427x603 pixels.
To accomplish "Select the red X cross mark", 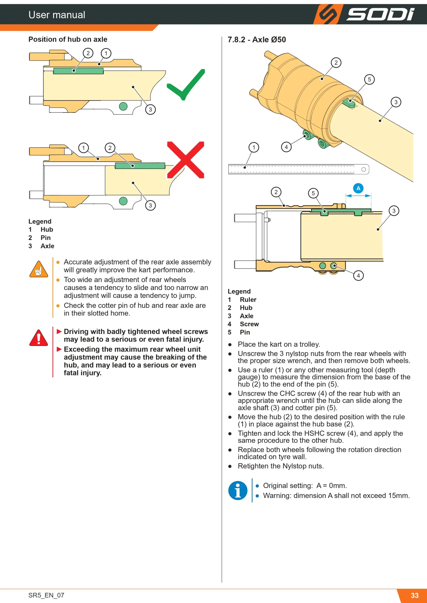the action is (186, 160).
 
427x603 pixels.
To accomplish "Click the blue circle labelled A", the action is (358, 188).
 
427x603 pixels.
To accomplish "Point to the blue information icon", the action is (238, 490).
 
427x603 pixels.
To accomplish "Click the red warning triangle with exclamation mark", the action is (39, 338).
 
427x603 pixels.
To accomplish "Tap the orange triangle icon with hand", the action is (39, 269).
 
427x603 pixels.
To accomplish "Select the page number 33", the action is (415, 595).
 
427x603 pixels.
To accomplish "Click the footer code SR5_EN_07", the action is (46, 595).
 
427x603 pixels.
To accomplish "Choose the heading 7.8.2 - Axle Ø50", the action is (257, 40).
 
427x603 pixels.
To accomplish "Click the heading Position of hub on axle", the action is (68, 39).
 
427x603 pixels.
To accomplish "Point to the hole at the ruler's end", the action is (364, 169).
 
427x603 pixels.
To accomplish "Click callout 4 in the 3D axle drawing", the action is (286, 147).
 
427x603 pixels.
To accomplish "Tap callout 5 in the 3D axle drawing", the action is (369, 79).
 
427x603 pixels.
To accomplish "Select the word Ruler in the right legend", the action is (248, 300).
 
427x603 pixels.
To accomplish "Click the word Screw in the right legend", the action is (249, 324).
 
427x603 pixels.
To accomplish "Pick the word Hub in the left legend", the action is (47, 229).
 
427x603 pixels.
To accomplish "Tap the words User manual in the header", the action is (57, 15).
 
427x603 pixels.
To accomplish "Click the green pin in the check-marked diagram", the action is (78, 71).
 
